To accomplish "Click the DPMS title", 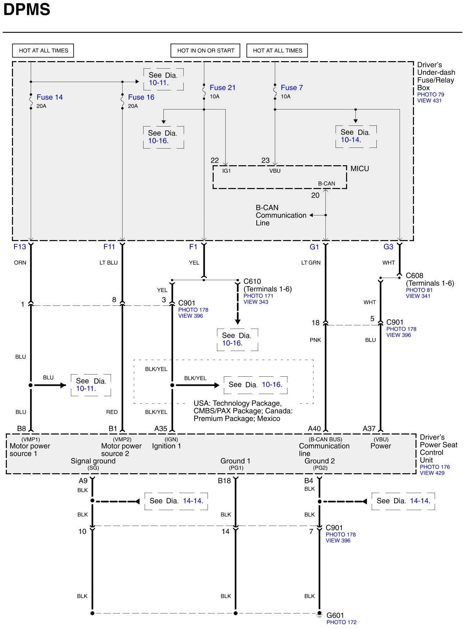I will (26, 10).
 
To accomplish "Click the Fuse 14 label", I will (50, 97).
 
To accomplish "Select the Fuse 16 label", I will (141, 97).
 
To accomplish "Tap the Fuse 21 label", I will (222, 87).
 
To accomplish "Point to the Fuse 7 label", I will (291, 87).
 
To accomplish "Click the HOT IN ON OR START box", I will (205, 51).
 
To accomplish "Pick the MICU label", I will (359, 168).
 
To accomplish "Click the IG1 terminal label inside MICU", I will (226, 171).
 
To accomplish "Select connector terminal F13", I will (20, 247).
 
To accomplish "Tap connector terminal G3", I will (388, 247).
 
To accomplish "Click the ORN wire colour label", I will (20, 263).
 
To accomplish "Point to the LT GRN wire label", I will (311, 263).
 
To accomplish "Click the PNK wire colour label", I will (315, 340).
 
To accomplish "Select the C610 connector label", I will (252, 281).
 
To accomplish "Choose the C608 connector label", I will (414, 275).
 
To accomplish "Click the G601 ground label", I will (335, 615).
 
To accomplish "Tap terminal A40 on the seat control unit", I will (314, 428).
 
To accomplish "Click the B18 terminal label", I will (224, 481).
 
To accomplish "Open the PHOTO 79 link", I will (430, 95).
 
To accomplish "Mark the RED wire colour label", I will (112, 412).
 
